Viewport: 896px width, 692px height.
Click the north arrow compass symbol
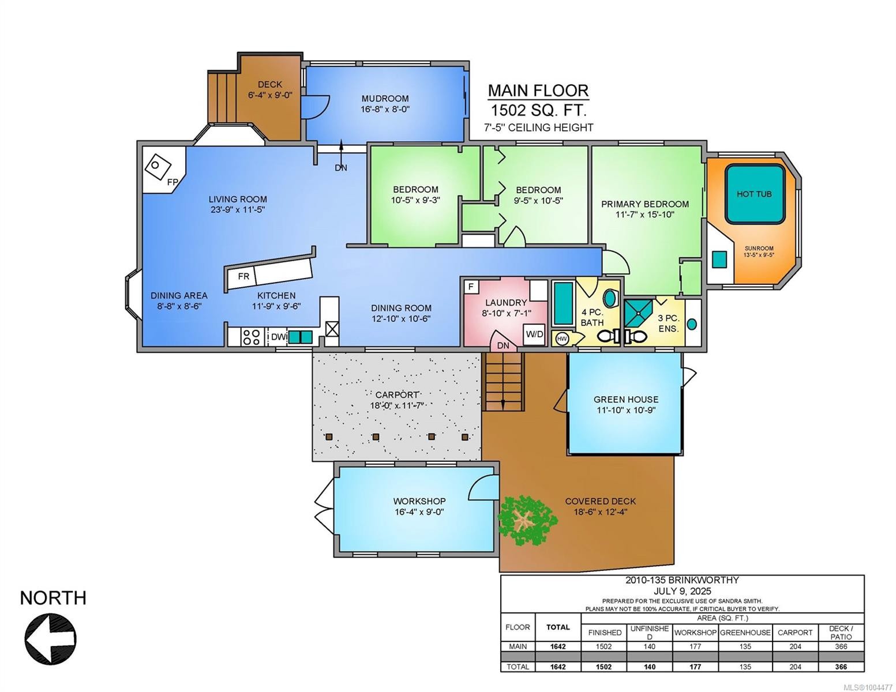[x=51, y=639]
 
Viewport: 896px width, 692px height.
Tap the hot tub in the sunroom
[x=755, y=194]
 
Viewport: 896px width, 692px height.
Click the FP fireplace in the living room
[x=158, y=167]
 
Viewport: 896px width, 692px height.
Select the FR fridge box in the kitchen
[x=243, y=277]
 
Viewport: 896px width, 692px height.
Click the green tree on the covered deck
[x=526, y=520]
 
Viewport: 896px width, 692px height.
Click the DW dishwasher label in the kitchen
[x=278, y=337]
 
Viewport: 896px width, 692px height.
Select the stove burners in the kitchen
[x=252, y=337]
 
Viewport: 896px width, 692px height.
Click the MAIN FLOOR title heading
[x=538, y=91]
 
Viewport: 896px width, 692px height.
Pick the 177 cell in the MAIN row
[x=695, y=646]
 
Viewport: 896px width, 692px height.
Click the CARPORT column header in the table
[x=795, y=633]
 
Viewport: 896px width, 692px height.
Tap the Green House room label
[x=626, y=399]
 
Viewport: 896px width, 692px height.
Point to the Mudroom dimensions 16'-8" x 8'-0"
[x=385, y=109]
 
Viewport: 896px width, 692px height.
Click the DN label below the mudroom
[x=341, y=168]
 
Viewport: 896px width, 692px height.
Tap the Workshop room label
[x=419, y=501]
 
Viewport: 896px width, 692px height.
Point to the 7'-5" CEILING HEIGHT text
[x=538, y=127]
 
